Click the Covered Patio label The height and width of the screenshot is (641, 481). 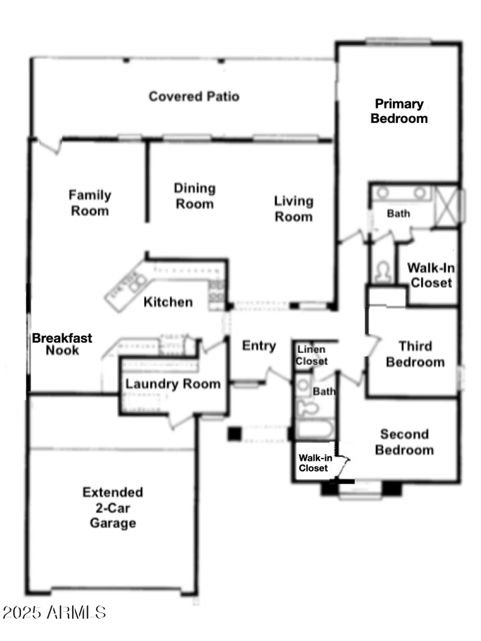coord(194,97)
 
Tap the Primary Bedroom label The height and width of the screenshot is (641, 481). coord(399,111)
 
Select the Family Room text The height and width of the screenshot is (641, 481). coord(90,203)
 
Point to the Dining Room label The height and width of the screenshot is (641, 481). coord(195,196)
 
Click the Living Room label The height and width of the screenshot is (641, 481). coord(293,209)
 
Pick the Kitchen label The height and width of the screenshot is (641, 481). coord(168,302)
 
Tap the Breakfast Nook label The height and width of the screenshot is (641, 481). coord(62,344)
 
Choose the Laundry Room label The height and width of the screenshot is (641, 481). coord(173,384)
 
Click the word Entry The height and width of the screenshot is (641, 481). coord(259,346)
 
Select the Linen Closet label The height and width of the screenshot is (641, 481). coord(311,355)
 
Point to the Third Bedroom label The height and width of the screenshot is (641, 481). coord(415,354)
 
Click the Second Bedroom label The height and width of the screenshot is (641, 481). coord(404,442)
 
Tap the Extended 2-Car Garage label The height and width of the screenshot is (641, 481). coord(113,508)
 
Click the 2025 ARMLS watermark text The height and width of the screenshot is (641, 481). coord(54,612)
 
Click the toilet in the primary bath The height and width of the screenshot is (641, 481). coord(383,272)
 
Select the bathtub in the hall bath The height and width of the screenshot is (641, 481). coord(316,428)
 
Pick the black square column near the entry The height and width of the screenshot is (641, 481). coord(234,434)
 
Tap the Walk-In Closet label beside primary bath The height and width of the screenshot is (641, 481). coord(431,276)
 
